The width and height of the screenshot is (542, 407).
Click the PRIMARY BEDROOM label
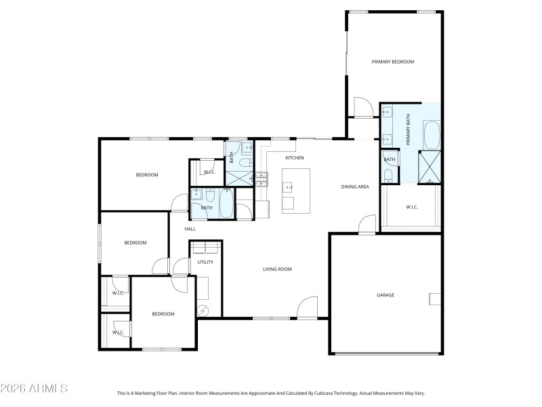click(392, 62)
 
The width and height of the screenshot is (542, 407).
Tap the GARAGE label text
click(385, 295)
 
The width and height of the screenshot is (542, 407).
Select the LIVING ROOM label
click(277, 269)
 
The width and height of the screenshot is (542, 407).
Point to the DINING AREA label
click(354, 187)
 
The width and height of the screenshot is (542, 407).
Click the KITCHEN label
click(294, 158)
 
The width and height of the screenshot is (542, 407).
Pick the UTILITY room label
click(205, 262)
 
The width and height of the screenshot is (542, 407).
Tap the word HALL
click(190, 229)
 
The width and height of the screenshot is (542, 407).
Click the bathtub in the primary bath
click(431, 135)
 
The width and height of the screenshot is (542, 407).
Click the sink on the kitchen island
click(289, 185)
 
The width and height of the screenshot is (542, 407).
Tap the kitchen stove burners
click(261, 178)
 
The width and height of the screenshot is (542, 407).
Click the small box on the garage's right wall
click(435, 298)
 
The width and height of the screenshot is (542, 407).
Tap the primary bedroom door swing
click(363, 106)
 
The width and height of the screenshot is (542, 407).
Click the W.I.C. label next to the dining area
click(412, 207)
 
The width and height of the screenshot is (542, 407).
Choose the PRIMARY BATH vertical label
click(409, 130)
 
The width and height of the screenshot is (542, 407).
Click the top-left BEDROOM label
click(147, 175)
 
